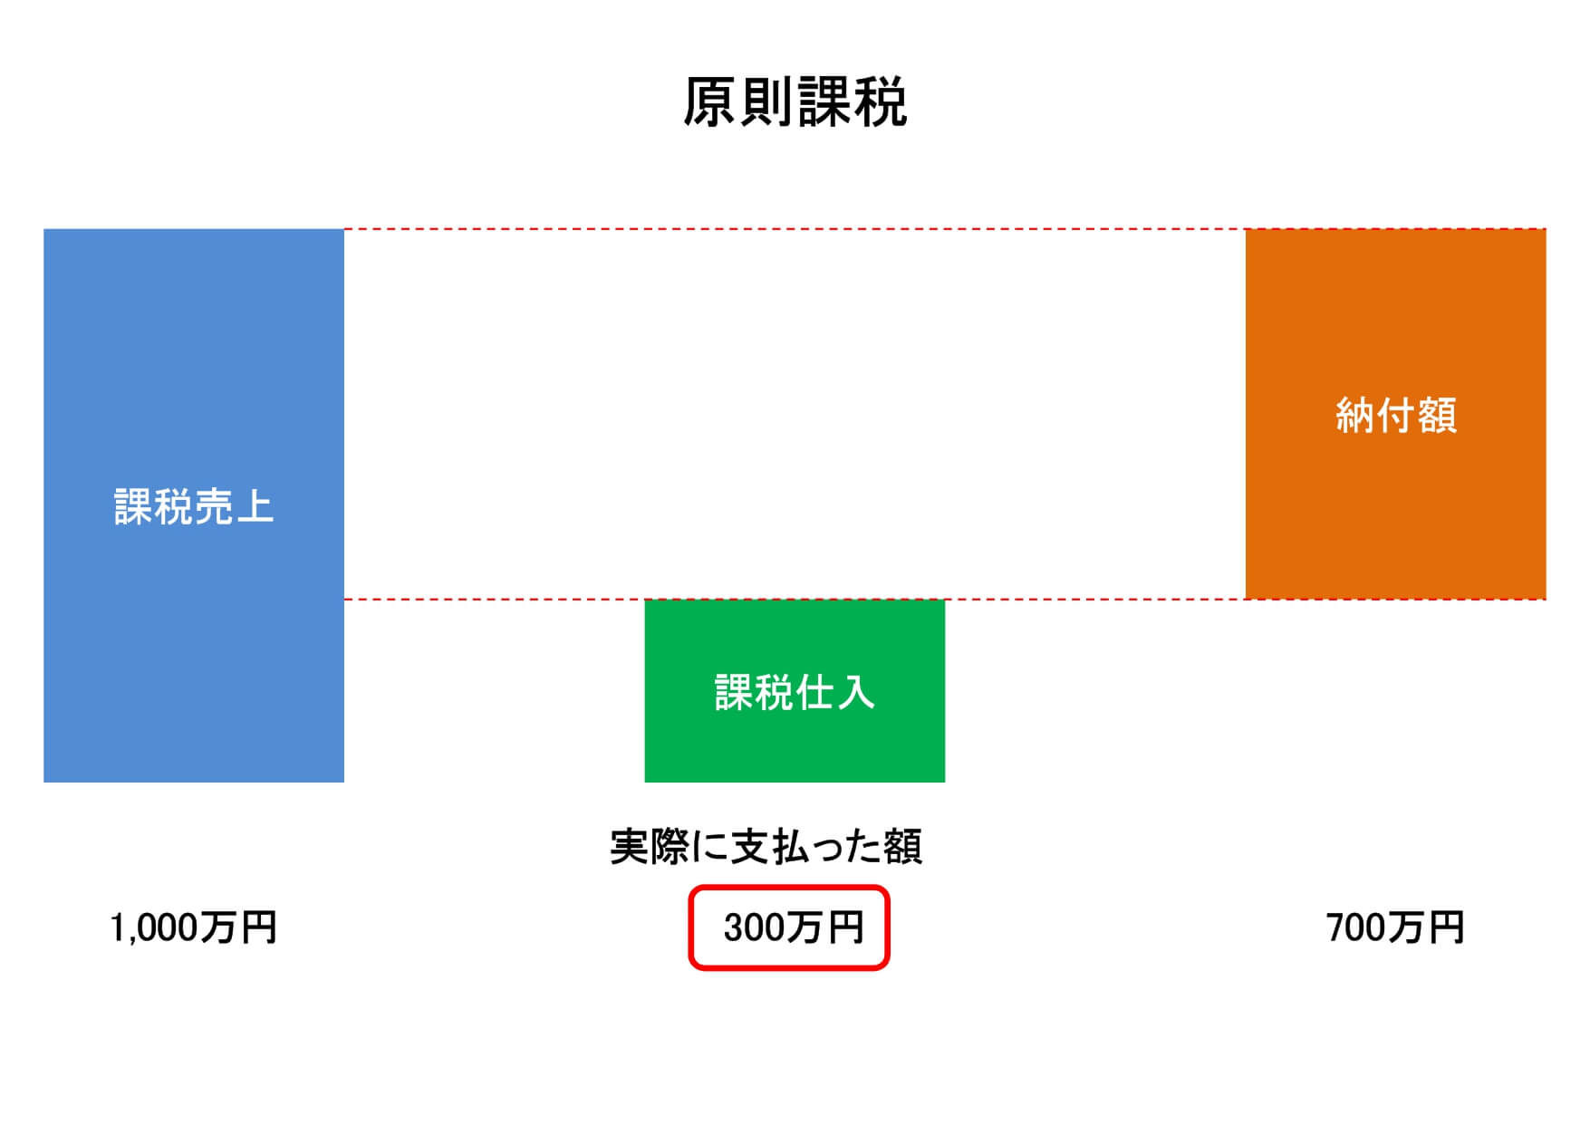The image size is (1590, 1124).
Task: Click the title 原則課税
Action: click(x=795, y=101)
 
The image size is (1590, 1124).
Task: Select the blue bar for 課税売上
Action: click(x=194, y=505)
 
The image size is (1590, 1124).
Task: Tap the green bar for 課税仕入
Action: click(x=795, y=691)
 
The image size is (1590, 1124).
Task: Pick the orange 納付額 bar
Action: click(x=1395, y=414)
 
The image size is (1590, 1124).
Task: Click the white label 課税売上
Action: click(x=194, y=506)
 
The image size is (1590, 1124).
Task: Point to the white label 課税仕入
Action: click(x=795, y=692)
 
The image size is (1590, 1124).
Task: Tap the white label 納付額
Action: click(x=1396, y=416)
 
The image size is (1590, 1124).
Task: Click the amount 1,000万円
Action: click(x=193, y=928)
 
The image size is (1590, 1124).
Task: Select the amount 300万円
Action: click(x=794, y=928)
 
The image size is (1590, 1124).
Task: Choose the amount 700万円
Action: click(x=1395, y=928)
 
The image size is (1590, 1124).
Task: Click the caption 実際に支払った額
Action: click(x=766, y=847)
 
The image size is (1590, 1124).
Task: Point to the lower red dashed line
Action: click(x=945, y=600)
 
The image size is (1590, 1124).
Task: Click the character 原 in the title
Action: click(x=710, y=101)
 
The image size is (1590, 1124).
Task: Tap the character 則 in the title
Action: click(x=766, y=101)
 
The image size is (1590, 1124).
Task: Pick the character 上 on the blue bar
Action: click(x=255, y=506)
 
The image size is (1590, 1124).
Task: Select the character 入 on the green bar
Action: click(x=855, y=692)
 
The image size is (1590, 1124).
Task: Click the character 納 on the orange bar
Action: click(x=1355, y=416)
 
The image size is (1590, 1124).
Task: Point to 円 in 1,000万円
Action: click(x=259, y=928)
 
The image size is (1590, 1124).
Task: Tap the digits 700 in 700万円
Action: click(x=1356, y=928)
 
